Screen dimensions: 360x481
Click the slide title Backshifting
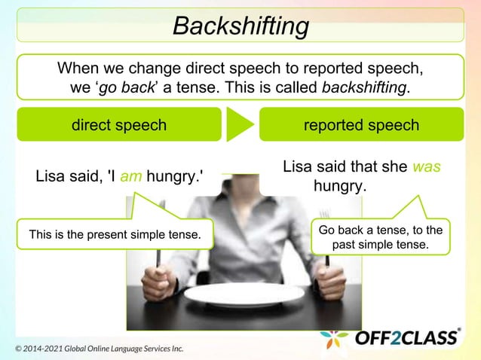240,26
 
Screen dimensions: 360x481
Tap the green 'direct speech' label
118,125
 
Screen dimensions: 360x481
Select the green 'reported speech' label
361,125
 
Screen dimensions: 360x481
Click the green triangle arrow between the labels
239,125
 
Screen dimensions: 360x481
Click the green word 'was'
426,166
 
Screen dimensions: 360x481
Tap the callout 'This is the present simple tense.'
115,235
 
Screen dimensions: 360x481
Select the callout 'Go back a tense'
380,236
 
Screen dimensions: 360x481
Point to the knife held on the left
157,260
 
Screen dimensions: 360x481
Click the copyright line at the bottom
99,349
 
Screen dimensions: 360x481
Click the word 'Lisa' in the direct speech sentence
50,178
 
